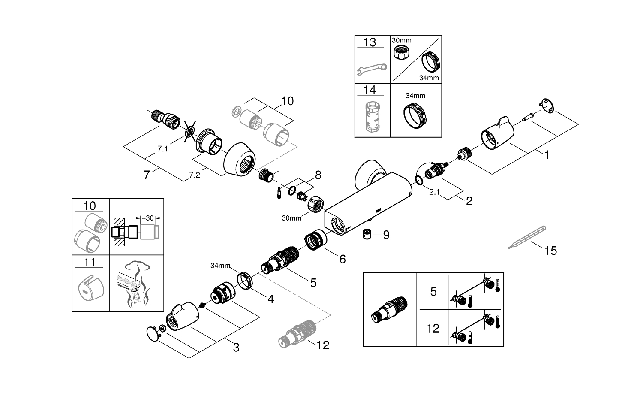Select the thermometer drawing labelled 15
tap(526, 237)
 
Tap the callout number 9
tap(386, 235)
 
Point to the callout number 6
tap(342, 259)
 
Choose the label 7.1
tap(162, 149)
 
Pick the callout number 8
tap(318, 175)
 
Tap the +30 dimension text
tap(148, 218)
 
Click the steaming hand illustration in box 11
tap(136, 283)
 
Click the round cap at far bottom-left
tap(151, 333)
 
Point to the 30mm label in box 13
tap(401, 40)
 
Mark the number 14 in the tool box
tap(370, 90)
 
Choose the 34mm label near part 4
tap(220, 266)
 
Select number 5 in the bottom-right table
tap(433, 292)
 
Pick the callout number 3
tap(236, 348)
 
